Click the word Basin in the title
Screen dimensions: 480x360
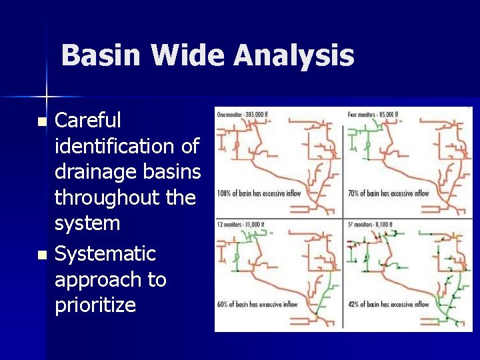click(x=101, y=55)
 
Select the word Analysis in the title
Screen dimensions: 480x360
click(x=293, y=55)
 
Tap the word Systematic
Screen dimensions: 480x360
click(x=105, y=254)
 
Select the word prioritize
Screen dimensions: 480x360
click(x=95, y=305)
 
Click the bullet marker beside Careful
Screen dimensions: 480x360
click(x=43, y=122)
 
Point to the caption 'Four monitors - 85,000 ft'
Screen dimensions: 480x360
click(x=373, y=114)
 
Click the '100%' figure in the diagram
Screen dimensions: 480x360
click(x=224, y=194)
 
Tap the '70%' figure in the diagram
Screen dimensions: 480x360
click(x=353, y=194)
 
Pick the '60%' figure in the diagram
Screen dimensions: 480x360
click(x=223, y=305)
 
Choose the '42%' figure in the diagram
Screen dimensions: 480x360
click(x=353, y=305)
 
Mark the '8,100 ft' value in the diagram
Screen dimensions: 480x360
click(x=385, y=225)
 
